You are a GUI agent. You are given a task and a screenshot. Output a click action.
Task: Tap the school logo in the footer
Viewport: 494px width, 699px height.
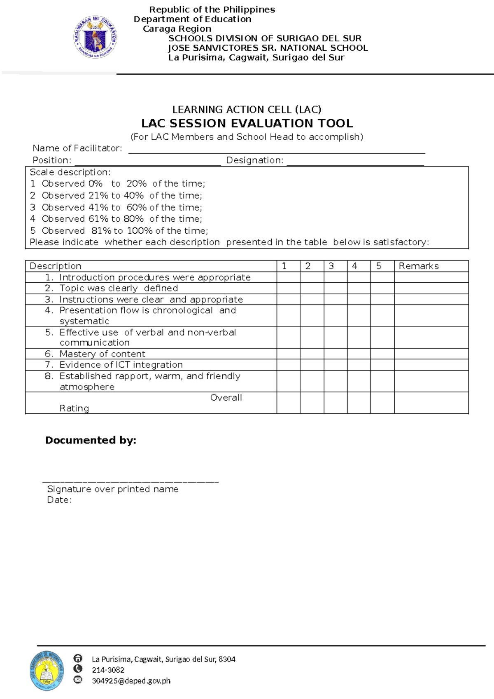click(47, 671)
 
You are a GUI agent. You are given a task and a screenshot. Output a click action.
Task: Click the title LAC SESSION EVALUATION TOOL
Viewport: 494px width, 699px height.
click(247, 123)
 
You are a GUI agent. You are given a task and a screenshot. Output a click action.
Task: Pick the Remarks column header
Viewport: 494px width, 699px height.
click(419, 266)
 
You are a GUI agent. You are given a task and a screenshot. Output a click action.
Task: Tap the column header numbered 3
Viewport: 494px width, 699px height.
click(331, 266)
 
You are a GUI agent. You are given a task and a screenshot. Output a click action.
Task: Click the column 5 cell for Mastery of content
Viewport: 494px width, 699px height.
click(382, 354)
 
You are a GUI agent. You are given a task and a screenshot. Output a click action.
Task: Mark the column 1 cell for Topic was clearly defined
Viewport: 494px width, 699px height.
click(288, 288)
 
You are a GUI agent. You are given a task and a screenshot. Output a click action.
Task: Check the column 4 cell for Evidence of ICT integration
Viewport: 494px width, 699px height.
click(359, 365)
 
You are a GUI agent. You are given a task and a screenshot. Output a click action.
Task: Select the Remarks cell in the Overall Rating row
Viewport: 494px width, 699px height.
click(431, 403)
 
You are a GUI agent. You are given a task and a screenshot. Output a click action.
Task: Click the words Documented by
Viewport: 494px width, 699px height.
click(91, 440)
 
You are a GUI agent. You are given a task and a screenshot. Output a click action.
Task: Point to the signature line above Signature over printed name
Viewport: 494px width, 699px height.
click(130, 481)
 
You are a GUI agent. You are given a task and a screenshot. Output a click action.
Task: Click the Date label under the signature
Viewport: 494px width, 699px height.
click(59, 500)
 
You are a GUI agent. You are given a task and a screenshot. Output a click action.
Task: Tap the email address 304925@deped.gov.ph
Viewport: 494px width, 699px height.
click(131, 681)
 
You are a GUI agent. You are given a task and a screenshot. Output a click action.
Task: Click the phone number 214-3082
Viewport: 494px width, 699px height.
click(108, 670)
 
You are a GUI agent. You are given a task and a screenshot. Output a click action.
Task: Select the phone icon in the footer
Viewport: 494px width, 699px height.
click(77, 669)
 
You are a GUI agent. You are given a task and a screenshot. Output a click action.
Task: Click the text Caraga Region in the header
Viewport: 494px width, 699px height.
click(177, 29)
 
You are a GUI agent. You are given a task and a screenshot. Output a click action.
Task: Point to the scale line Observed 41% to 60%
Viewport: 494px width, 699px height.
click(116, 207)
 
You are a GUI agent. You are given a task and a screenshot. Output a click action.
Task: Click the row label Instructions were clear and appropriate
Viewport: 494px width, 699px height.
click(151, 300)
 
